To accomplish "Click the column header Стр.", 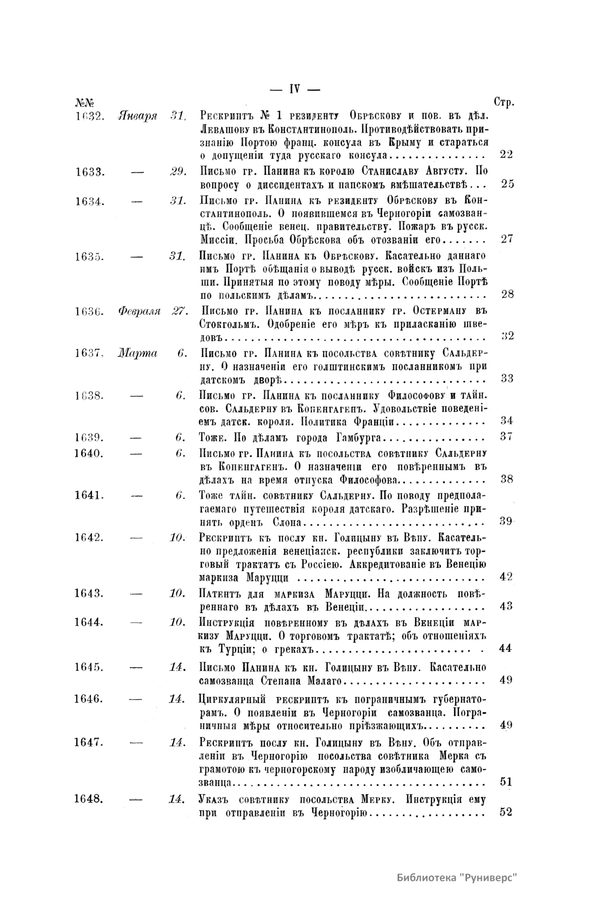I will click(503, 103).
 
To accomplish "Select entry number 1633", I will click(90, 172).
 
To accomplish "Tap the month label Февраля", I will click(140, 311).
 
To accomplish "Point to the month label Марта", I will click(137, 353).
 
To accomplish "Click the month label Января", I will click(138, 116).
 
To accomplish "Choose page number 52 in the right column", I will click(506, 812).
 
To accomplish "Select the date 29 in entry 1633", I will click(177, 172).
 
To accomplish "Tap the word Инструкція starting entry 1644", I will click(227, 622).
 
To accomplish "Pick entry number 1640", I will click(90, 452).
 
